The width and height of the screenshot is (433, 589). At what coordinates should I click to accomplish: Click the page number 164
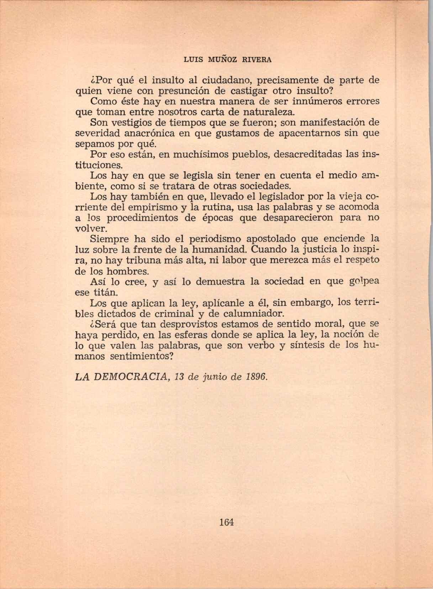tap(226, 522)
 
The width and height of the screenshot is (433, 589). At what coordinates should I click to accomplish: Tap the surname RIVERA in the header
tap(257, 60)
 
